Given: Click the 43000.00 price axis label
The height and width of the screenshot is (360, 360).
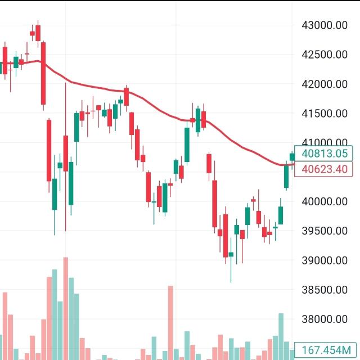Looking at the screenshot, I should click(x=325, y=25).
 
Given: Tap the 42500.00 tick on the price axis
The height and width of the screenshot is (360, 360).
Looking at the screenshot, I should click(x=325, y=55).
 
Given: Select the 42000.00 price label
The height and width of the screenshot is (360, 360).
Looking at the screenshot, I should click(x=325, y=84).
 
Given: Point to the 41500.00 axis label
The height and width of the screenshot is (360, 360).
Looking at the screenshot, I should click(x=325, y=113).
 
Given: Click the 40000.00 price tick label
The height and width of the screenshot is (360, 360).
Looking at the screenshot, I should click(x=325, y=201).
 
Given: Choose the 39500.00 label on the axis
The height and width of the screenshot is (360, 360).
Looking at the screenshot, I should click(x=325, y=231).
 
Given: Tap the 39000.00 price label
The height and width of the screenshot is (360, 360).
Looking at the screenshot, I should click(x=325, y=260).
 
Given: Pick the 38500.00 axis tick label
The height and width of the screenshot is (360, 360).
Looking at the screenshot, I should click(x=325, y=290).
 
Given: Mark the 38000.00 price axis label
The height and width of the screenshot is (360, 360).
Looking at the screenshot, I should click(x=325, y=319).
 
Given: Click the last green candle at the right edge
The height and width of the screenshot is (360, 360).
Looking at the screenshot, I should click(x=292, y=157).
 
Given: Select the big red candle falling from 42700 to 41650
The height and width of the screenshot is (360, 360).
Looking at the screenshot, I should click(x=43, y=73).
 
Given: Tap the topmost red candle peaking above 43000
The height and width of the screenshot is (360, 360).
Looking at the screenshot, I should click(x=38, y=33).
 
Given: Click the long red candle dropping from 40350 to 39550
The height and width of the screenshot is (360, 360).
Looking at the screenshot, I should click(x=214, y=204).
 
